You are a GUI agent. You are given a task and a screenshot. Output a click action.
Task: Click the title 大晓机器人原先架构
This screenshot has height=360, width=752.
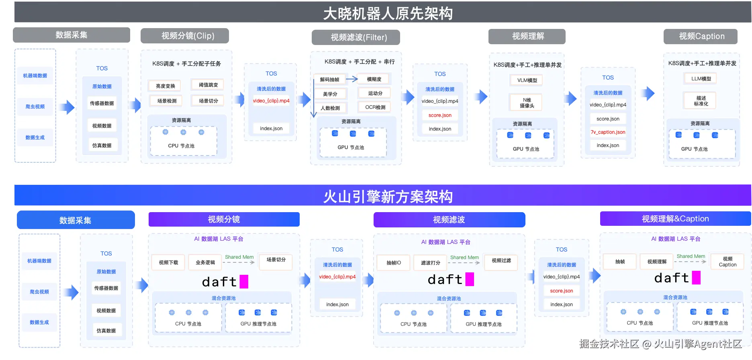[388, 14]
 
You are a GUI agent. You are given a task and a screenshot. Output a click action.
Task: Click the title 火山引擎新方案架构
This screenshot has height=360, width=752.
[388, 196]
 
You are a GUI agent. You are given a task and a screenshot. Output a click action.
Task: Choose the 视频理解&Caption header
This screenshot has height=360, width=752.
[675, 219]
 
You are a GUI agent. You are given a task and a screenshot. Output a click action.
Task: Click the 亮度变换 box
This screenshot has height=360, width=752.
[165, 86]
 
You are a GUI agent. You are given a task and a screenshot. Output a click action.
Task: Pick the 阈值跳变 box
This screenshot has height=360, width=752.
[208, 85]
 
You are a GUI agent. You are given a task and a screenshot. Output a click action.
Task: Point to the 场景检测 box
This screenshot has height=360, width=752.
[167, 101]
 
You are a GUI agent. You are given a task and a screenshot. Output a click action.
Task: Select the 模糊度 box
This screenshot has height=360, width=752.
[374, 79]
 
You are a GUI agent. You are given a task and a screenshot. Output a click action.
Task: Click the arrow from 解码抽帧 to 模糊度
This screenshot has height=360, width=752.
[352, 79]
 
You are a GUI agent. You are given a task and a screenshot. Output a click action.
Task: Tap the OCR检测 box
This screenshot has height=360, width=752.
[375, 107]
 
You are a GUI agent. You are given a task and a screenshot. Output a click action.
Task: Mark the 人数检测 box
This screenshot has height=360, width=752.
[330, 108]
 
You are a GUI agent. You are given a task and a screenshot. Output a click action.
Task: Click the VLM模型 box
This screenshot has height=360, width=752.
[527, 80]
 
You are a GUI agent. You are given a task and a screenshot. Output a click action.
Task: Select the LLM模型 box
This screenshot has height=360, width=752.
[701, 79]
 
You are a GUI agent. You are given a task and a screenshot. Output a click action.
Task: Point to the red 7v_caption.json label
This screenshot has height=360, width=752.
[608, 132]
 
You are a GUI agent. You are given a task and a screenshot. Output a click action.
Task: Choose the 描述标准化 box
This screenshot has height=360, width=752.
[701, 101]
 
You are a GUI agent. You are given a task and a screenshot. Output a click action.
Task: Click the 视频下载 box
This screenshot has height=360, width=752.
[168, 262]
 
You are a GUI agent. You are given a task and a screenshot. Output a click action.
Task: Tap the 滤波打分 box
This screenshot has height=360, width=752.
[430, 263]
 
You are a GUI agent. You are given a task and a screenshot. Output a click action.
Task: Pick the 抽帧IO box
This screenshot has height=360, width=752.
[394, 263]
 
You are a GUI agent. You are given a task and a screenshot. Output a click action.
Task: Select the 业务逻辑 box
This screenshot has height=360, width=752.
[205, 262]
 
